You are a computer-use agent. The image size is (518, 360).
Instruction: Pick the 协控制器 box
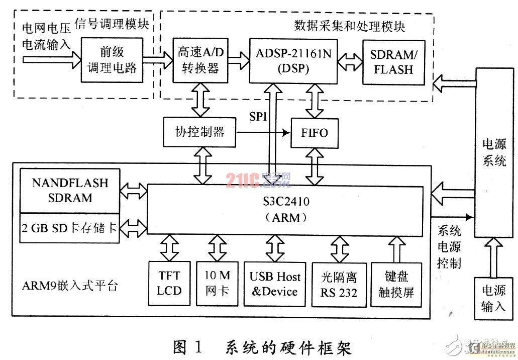[x=199, y=132]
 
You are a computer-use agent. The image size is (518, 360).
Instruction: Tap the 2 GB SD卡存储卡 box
[x=70, y=228]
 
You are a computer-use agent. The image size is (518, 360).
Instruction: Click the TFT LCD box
[x=169, y=284]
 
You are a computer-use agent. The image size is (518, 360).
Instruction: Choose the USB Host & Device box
[x=275, y=284]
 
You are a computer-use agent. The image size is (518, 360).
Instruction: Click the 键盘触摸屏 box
[x=396, y=284]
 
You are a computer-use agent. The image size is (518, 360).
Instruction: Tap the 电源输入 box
[x=494, y=298]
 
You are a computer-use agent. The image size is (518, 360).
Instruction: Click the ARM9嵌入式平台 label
[x=70, y=286]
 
